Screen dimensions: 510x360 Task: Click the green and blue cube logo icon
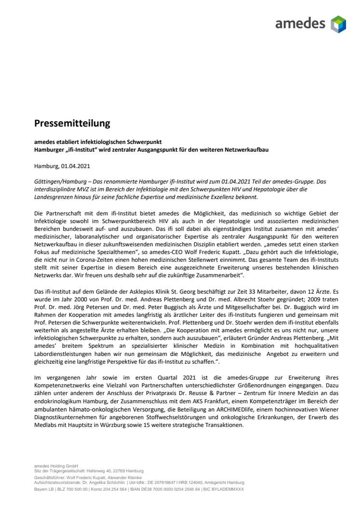(x=338, y=24)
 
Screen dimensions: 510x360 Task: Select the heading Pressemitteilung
(x=72, y=124)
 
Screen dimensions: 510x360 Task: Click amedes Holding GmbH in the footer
(x=53, y=466)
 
